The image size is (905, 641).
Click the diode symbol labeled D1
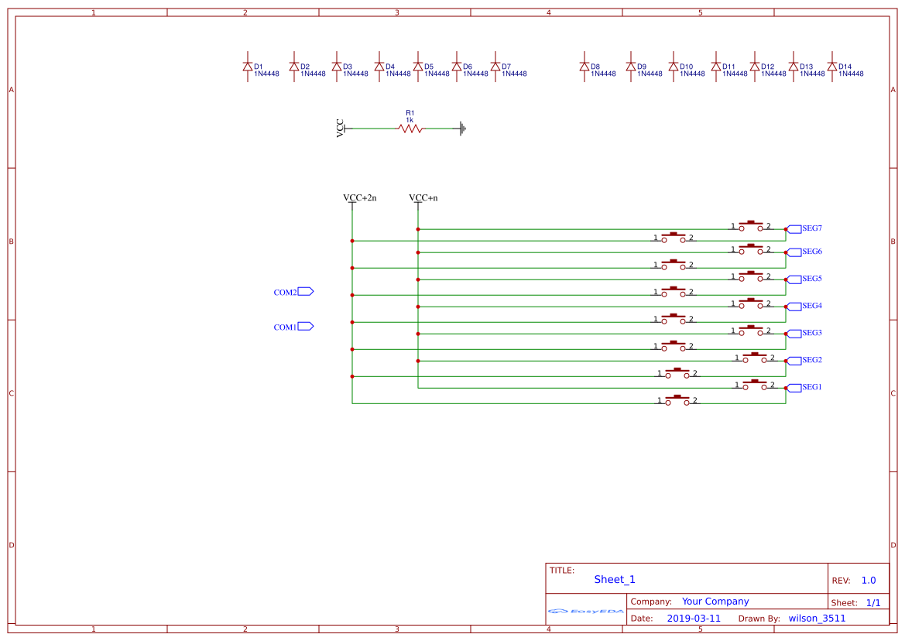(x=248, y=67)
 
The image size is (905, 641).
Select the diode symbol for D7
(x=495, y=67)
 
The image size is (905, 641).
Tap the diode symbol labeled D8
(x=584, y=67)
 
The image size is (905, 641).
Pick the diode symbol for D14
(x=832, y=67)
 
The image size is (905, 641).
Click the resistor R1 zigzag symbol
(x=410, y=129)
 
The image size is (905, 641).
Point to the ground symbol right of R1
(x=462, y=129)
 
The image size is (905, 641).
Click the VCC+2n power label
(x=359, y=198)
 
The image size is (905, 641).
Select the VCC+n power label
(x=423, y=198)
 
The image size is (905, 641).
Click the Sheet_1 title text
(x=615, y=580)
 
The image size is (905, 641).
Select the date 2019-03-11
(x=694, y=619)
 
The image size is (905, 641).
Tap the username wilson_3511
(x=817, y=619)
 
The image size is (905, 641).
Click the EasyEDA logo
(x=586, y=612)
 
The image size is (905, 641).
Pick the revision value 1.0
(x=869, y=581)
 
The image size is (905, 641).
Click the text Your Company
(x=715, y=602)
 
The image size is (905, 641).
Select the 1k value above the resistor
(x=410, y=120)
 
